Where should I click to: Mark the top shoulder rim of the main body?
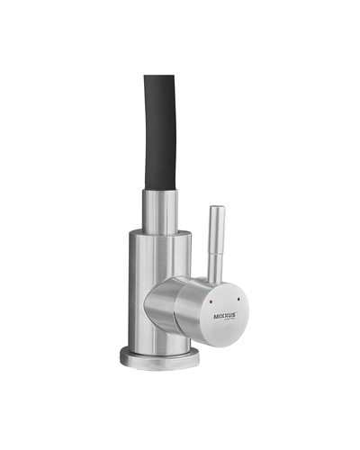(158, 233)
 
